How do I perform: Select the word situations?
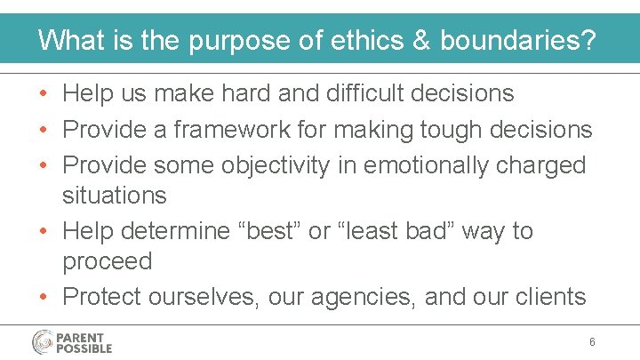[x=114, y=195]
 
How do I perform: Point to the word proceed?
[x=107, y=261]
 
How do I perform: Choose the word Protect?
[x=101, y=296]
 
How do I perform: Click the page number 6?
[x=592, y=342]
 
